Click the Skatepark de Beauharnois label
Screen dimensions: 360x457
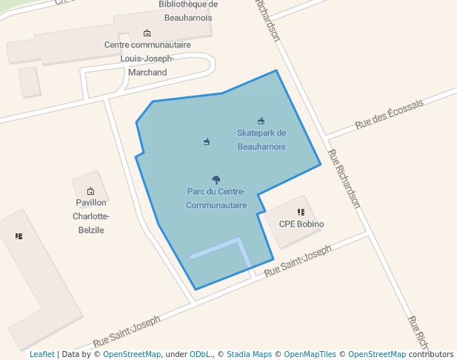pyautogui.click(x=261, y=139)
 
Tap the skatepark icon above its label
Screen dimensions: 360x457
pyautogui.click(x=261, y=121)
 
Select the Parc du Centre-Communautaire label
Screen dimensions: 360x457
pyautogui.click(x=216, y=198)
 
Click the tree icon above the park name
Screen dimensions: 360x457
pyautogui.click(x=216, y=179)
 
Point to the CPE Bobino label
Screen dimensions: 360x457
pyautogui.click(x=301, y=224)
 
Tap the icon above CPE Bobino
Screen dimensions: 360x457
pyautogui.click(x=301, y=212)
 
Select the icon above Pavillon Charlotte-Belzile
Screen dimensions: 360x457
pyautogui.click(x=91, y=191)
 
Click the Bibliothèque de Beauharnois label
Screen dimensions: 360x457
pyautogui.click(x=188, y=9)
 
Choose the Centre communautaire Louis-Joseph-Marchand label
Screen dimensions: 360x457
pyautogui.click(x=147, y=59)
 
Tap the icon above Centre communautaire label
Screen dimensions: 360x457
pyautogui.click(x=147, y=33)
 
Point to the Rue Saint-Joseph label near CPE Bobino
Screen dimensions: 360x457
pyautogui.click(x=297, y=261)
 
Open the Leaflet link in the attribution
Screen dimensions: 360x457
pyautogui.click(x=41, y=355)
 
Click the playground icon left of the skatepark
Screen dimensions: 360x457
pyautogui.click(x=207, y=141)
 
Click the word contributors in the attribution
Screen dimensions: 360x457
pyautogui.click(x=430, y=355)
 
